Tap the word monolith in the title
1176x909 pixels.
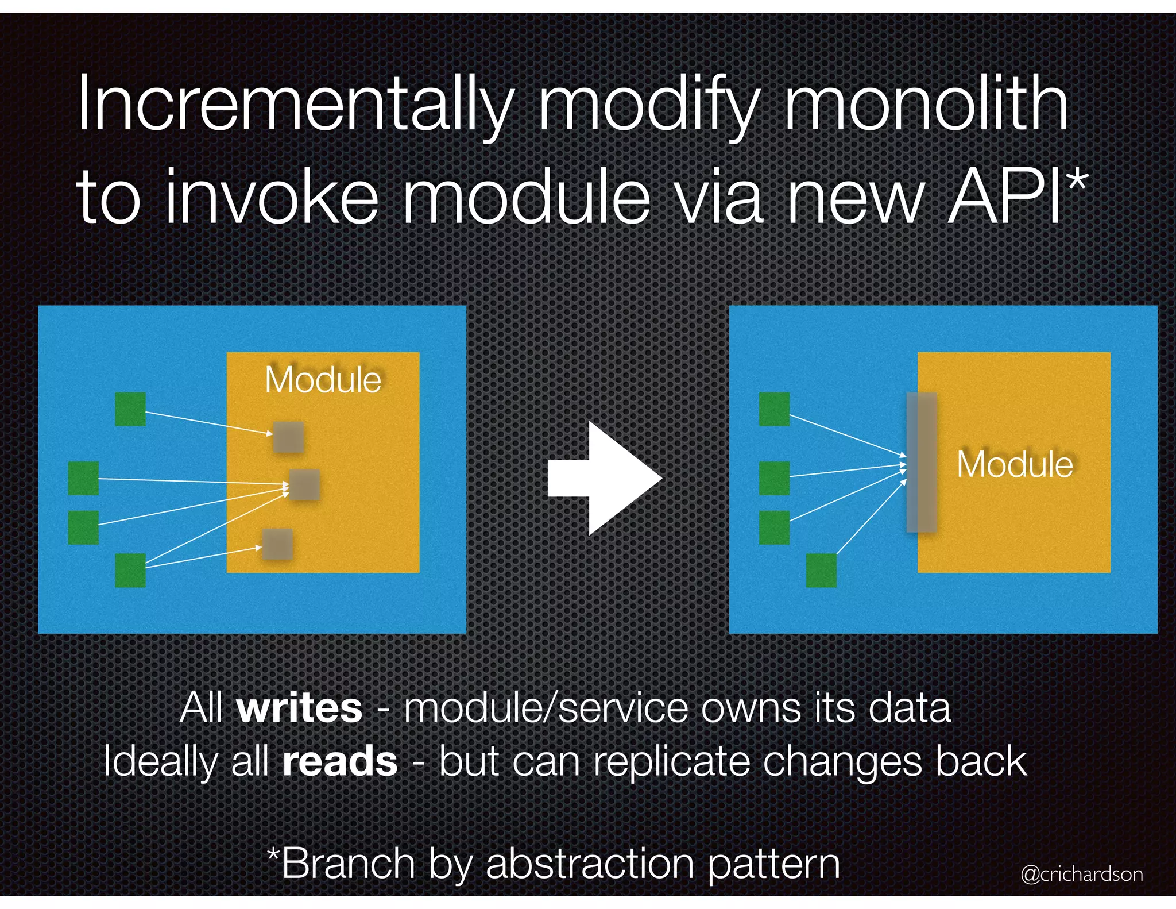tap(926, 105)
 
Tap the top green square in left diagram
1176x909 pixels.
tap(130, 409)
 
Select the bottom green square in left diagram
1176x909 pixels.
tap(130, 570)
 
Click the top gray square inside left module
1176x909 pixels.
tap(288, 437)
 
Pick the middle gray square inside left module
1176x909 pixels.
tap(304, 484)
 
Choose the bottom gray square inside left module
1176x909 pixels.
tap(278, 544)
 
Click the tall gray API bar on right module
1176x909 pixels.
tap(922, 463)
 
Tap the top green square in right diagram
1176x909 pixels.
tap(774, 409)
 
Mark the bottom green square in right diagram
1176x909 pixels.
tap(821, 570)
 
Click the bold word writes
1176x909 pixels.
tap(299, 708)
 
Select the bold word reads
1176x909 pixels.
tap(340, 761)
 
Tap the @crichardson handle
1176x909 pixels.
tap(1081, 874)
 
